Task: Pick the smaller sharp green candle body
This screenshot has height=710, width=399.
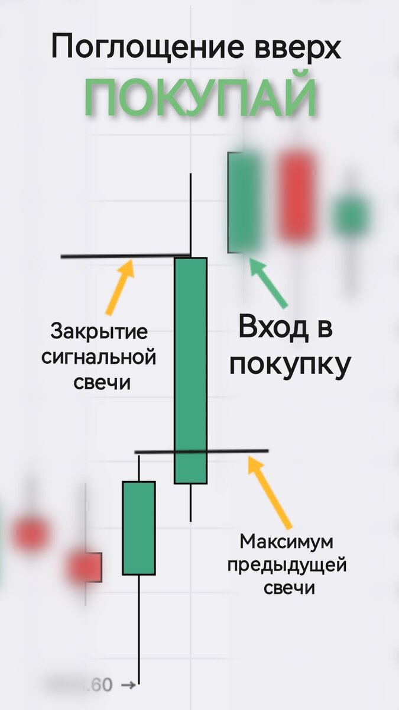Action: pos(139,528)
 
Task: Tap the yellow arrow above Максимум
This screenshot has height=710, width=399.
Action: pos(270,490)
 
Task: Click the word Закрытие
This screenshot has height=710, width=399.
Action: pos(99,331)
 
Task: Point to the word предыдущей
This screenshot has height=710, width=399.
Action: pos(287,565)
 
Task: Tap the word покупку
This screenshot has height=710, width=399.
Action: pos(290,364)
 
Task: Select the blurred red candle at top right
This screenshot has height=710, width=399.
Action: pos(297,197)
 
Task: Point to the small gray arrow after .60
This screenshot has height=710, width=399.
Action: pos(128,686)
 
